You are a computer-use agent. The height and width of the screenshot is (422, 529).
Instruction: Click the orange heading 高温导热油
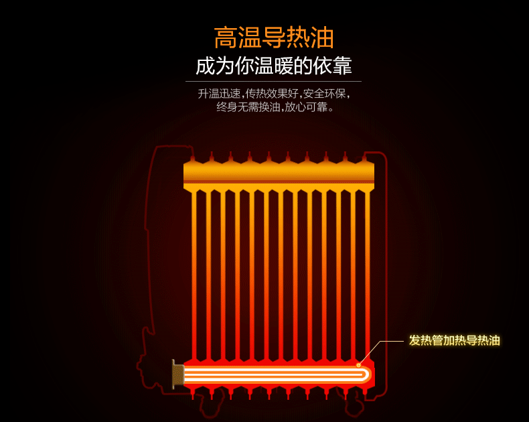click(x=274, y=38)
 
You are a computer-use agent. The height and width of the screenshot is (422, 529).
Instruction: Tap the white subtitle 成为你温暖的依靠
click(x=274, y=66)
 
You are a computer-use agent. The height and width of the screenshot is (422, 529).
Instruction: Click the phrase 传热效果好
click(x=270, y=94)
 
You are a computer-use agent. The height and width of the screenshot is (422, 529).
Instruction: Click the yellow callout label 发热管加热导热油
click(x=454, y=340)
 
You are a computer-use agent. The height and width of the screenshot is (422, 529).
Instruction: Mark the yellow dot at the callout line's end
click(x=359, y=365)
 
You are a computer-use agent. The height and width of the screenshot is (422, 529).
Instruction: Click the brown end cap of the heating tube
click(x=177, y=374)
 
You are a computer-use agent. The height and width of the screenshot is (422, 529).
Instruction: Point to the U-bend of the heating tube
click(x=366, y=374)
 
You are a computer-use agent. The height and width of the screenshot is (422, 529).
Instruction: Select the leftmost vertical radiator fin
click(x=194, y=275)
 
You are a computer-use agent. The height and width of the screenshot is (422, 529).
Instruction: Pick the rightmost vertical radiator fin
click(x=367, y=275)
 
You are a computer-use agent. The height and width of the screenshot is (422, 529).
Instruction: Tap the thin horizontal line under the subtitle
click(x=273, y=82)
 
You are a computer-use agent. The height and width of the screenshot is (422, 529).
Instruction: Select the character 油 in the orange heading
click(x=322, y=38)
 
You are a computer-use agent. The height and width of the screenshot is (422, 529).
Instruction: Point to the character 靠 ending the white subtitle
click(x=342, y=66)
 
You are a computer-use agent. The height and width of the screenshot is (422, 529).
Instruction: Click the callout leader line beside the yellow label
click(x=388, y=341)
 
